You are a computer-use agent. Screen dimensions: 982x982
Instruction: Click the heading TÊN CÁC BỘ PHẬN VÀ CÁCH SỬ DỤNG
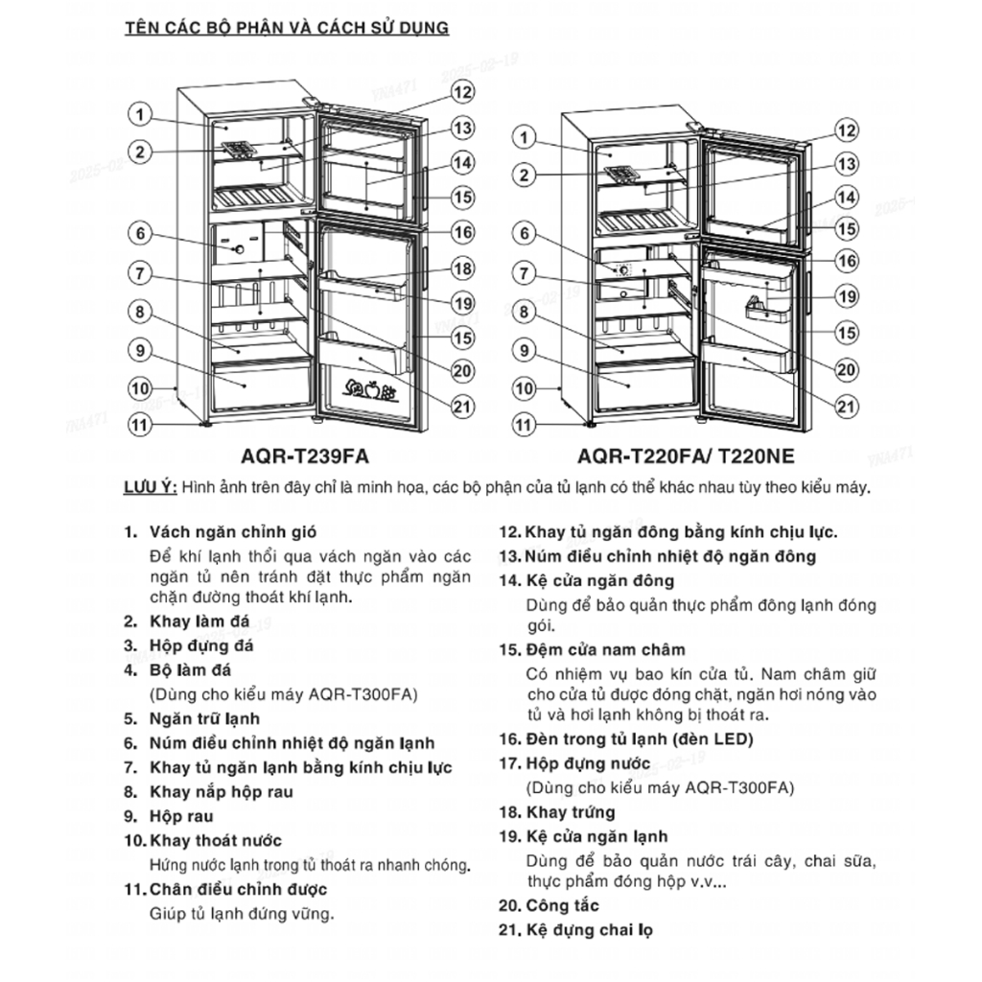[287, 28]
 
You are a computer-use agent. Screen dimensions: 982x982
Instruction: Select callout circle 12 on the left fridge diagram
[462, 92]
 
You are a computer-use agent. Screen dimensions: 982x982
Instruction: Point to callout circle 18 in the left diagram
[462, 269]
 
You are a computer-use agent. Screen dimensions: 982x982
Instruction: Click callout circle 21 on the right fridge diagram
[845, 407]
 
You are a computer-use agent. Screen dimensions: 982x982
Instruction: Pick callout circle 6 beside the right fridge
[524, 232]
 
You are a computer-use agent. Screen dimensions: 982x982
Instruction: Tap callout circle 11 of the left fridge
[140, 423]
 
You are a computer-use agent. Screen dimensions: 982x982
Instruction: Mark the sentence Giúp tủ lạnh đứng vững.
[242, 914]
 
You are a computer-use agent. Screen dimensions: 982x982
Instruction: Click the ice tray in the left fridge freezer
[237, 150]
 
